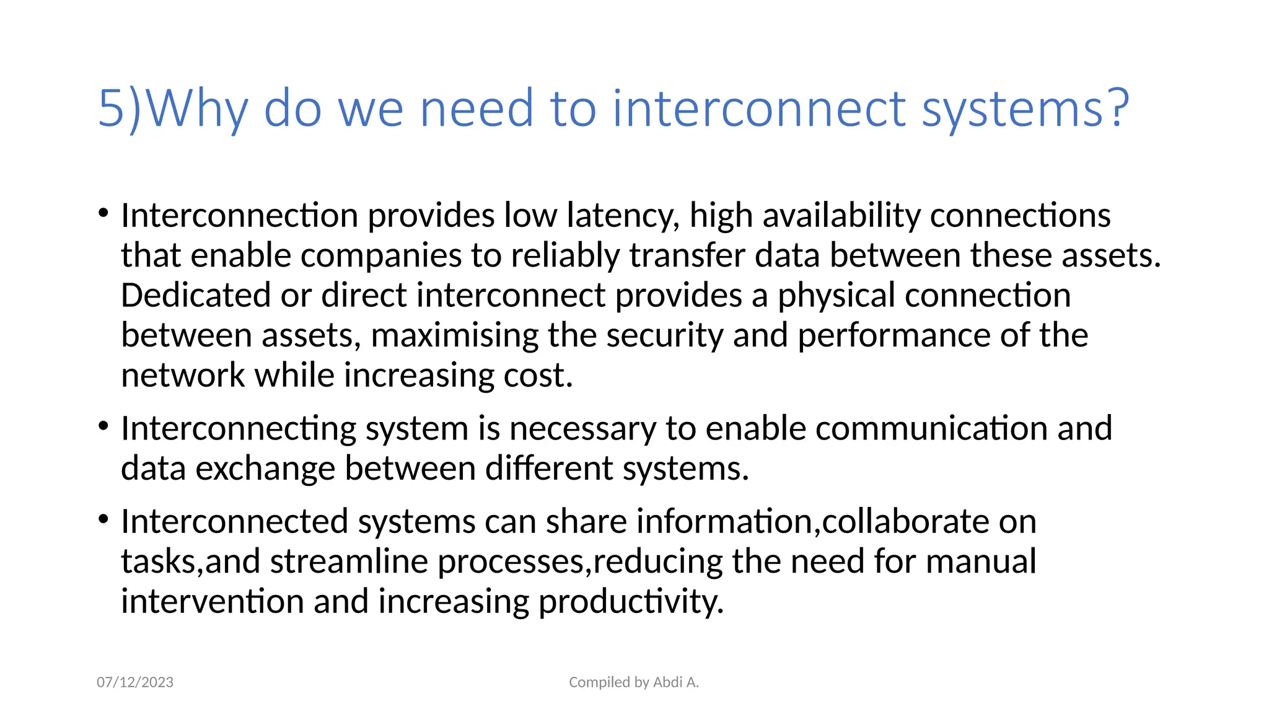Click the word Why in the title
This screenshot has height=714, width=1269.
tap(198, 108)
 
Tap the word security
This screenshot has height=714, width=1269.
tap(664, 336)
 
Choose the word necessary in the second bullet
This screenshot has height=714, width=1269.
tap(582, 429)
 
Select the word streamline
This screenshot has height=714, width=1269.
tap(349, 562)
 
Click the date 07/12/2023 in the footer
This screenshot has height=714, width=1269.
tap(135, 682)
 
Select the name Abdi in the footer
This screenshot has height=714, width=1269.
tap(668, 682)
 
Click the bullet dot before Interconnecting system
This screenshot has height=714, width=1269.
tap(103, 426)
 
